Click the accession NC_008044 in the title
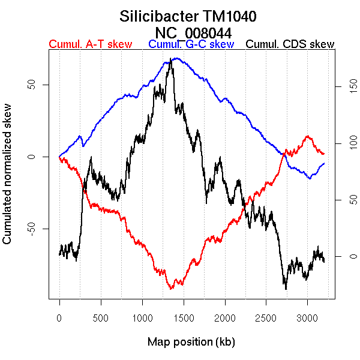pyautogui.click(x=194, y=32)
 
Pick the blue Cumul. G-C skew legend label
pyautogui.click(x=191, y=44)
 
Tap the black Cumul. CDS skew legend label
pyautogui.click(x=290, y=44)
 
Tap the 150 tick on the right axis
pyautogui.click(x=337, y=88)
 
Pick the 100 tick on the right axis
pyautogui.click(x=337, y=144)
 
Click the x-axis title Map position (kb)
pyautogui.click(x=191, y=342)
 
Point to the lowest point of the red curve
pyautogui.click(x=171, y=289)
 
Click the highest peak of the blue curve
pyautogui.click(x=174, y=58)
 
